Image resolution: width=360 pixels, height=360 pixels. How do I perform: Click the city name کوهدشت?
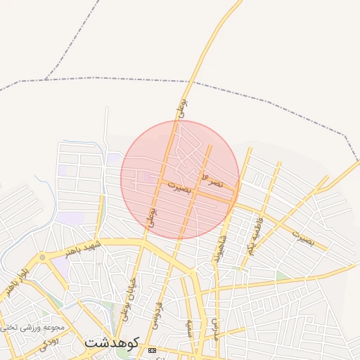pos(112,342)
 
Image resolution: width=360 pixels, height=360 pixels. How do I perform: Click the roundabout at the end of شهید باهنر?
pos(43,257)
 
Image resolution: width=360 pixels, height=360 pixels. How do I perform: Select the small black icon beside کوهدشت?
pos(153,350)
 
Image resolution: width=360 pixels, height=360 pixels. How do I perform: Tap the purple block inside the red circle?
pos(152,176)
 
